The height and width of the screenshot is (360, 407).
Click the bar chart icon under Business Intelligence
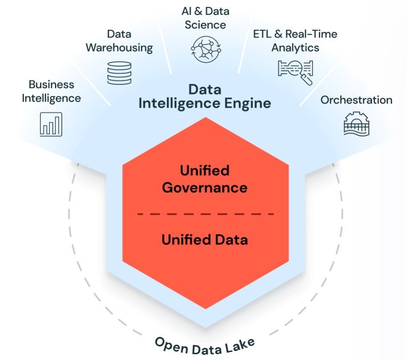pos(51,125)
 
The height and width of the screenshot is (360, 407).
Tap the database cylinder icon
pos(119,73)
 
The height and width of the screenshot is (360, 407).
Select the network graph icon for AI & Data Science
pos(206,49)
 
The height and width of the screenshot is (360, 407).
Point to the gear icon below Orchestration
pos(356,124)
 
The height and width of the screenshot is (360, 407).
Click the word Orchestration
pos(356,100)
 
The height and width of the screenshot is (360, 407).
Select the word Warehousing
pos(119,48)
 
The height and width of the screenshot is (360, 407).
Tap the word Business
pos(52,84)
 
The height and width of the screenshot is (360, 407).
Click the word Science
pos(205,25)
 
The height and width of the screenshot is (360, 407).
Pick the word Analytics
pos(295,48)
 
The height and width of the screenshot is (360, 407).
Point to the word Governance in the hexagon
pos(205,188)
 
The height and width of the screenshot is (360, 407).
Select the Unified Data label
pos(205,239)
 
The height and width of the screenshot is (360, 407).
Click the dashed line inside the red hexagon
pos(205,214)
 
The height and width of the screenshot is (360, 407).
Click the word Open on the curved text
pos(172,345)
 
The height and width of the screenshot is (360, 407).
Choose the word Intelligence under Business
pos(52,99)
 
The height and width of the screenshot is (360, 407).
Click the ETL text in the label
pos(262,34)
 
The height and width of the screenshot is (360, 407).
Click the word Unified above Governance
pos(205,170)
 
